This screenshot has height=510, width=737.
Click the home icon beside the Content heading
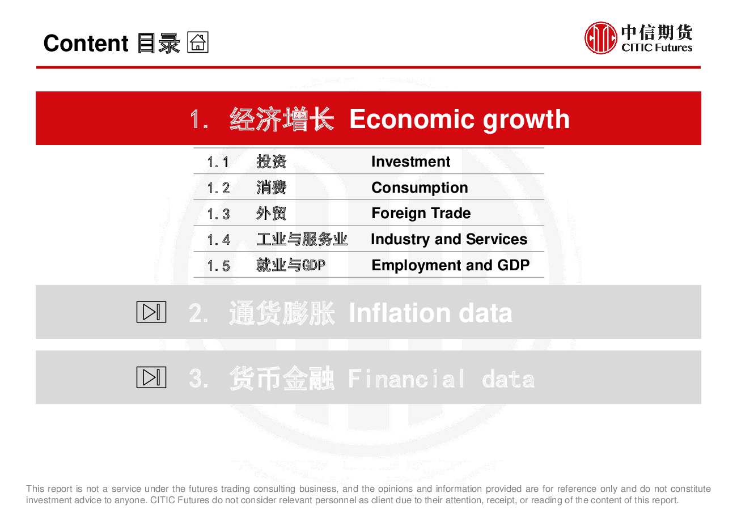pyautogui.click(x=198, y=42)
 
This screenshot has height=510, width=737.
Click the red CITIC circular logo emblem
pyautogui.click(x=600, y=38)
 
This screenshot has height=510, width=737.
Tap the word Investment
pyautogui.click(x=410, y=161)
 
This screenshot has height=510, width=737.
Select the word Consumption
pyautogui.click(x=420, y=188)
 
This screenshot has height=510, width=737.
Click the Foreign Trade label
pyautogui.click(x=421, y=213)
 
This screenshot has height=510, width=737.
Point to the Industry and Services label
pyautogui.click(x=449, y=239)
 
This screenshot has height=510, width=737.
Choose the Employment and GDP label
pyautogui.click(x=451, y=265)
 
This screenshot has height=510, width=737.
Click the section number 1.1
pyautogui.click(x=218, y=162)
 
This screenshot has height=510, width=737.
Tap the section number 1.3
pyautogui.click(x=218, y=214)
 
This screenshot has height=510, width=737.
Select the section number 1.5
pyautogui.click(x=218, y=266)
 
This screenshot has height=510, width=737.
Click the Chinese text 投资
pyautogui.click(x=272, y=161)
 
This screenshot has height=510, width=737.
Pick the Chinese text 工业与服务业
pyautogui.click(x=302, y=239)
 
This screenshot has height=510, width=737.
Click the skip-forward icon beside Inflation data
pyautogui.click(x=151, y=312)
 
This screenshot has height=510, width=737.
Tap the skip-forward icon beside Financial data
pyautogui.click(x=151, y=377)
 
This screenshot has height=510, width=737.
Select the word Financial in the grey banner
pyautogui.click(x=406, y=379)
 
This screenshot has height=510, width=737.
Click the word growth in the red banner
pyautogui.click(x=526, y=120)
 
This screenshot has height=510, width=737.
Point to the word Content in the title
pyautogui.click(x=86, y=43)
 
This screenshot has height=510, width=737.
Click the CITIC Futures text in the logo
pyautogui.click(x=656, y=48)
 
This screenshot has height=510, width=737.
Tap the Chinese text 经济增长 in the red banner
pyautogui.click(x=282, y=118)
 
